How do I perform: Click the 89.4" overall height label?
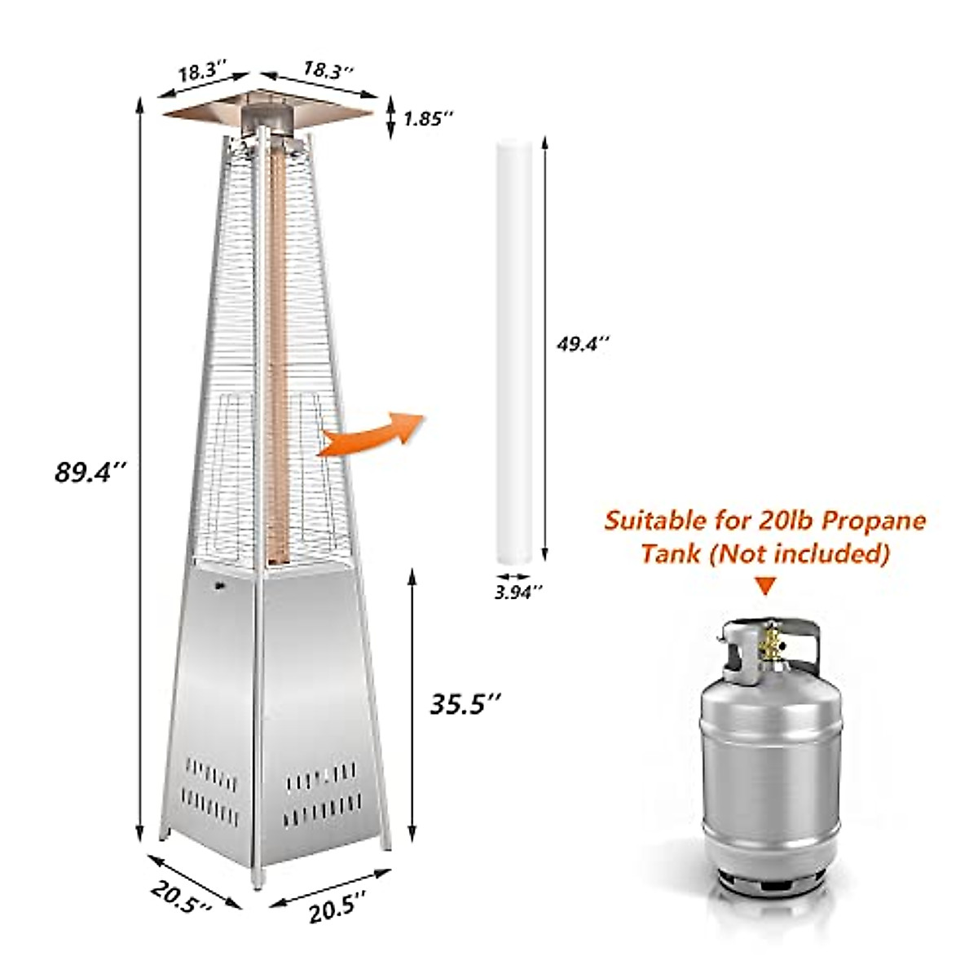[89, 472]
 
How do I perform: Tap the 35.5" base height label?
[465, 702]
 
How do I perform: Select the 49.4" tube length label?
[583, 345]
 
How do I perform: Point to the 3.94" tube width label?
[518, 593]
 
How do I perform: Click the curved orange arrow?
[371, 434]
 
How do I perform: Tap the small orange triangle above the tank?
[764, 585]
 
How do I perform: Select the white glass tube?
[515, 350]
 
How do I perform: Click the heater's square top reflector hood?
[269, 108]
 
